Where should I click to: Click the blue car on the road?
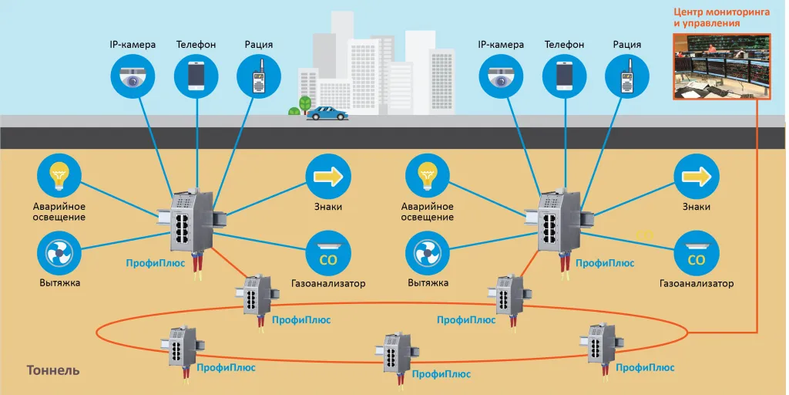(327, 113)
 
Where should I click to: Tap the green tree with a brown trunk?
(305, 104)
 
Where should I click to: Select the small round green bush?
(294, 112)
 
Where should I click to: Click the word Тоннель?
(53, 370)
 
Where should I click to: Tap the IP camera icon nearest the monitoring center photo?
(502, 75)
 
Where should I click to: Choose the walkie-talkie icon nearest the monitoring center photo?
(627, 75)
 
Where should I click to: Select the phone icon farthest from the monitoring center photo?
(196, 75)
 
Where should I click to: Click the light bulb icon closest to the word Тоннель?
(59, 177)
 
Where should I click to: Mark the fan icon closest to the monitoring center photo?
(428, 254)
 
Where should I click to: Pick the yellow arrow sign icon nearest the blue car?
(328, 177)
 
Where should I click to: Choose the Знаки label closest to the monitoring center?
(696, 207)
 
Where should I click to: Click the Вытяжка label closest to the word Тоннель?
(59, 283)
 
